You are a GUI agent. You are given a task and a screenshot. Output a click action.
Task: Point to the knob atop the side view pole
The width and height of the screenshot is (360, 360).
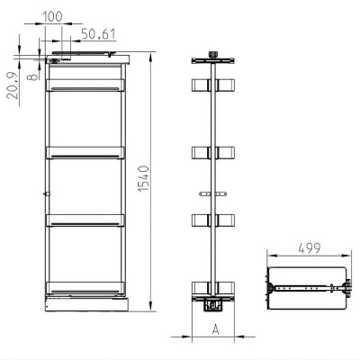(213, 54)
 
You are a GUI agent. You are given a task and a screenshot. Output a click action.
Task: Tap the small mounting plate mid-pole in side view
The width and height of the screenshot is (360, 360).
(213, 193)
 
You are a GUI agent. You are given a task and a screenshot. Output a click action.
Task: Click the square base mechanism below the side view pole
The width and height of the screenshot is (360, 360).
(213, 304)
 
